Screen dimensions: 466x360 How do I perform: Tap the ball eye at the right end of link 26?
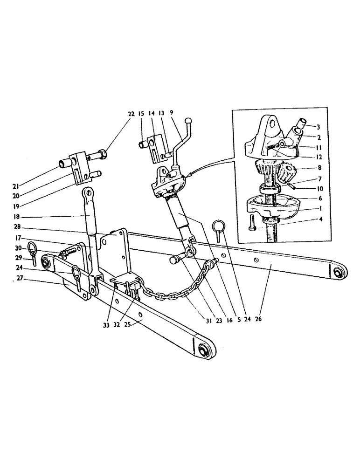[337, 272]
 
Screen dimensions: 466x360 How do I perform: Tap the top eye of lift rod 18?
[87, 192]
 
